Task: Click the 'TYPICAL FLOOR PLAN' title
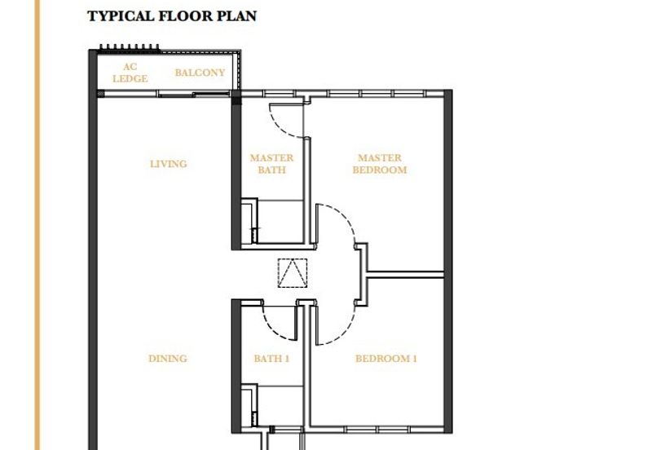pos(172,15)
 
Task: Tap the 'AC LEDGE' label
pos(130,73)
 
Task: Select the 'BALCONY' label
pos(200,73)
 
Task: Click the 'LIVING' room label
pos(168,164)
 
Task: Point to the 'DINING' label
pos(168,359)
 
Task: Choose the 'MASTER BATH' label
pos(271,164)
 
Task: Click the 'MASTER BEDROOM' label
pos(379,164)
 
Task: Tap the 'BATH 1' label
pos(271,359)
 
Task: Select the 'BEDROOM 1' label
pos(385,359)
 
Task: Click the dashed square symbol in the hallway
pos(292,272)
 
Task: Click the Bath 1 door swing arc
pos(280,326)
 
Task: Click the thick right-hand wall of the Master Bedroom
pos(447,179)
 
